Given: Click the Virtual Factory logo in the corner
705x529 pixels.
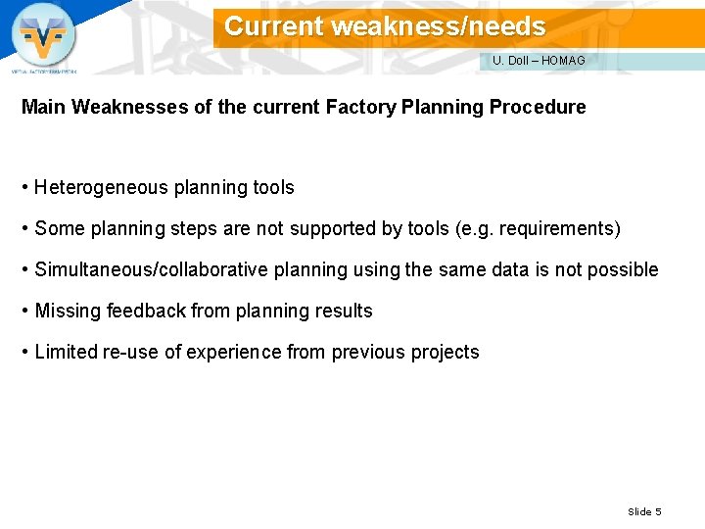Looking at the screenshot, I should (43, 36).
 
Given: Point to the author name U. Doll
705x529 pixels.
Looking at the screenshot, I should (510, 61).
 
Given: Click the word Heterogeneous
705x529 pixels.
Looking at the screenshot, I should (102, 187).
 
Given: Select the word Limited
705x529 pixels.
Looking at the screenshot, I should (66, 352).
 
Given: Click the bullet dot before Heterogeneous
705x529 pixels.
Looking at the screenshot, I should (24, 187).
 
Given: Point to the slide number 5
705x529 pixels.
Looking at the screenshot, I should (658, 511).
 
